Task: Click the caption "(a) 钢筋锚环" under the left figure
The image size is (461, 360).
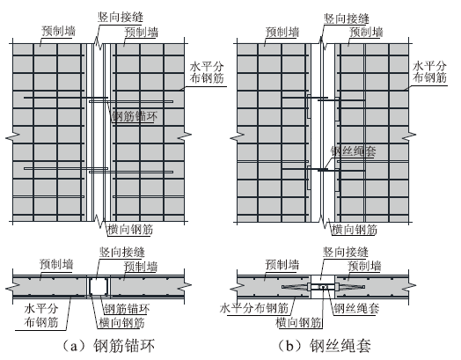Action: [109, 346]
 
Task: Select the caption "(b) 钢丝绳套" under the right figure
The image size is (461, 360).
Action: [326, 346]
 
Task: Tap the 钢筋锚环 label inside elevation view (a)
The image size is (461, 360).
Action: [135, 116]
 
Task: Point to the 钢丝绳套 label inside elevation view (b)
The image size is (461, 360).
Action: [354, 151]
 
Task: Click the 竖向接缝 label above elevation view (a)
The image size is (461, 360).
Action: [121, 18]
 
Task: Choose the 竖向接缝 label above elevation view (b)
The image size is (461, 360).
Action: [347, 18]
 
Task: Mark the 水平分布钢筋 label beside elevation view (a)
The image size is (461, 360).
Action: [207, 72]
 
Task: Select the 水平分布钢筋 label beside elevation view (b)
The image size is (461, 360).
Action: [429, 72]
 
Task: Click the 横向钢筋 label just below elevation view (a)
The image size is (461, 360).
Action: [130, 230]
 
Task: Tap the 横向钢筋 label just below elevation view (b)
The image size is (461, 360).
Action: [355, 230]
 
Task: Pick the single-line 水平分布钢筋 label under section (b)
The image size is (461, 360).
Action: [254, 308]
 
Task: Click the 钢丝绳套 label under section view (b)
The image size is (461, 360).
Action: [356, 308]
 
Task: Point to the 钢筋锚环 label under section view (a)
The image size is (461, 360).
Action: [128, 309]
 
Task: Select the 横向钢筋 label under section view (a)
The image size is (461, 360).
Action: [121, 323]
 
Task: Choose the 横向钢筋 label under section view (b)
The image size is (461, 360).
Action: [298, 323]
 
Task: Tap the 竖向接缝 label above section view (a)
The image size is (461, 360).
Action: [122, 253]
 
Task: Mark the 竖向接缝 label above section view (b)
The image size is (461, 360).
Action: [346, 253]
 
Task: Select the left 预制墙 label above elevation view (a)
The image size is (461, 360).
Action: [58, 31]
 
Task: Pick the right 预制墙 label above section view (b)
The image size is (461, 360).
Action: [364, 266]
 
